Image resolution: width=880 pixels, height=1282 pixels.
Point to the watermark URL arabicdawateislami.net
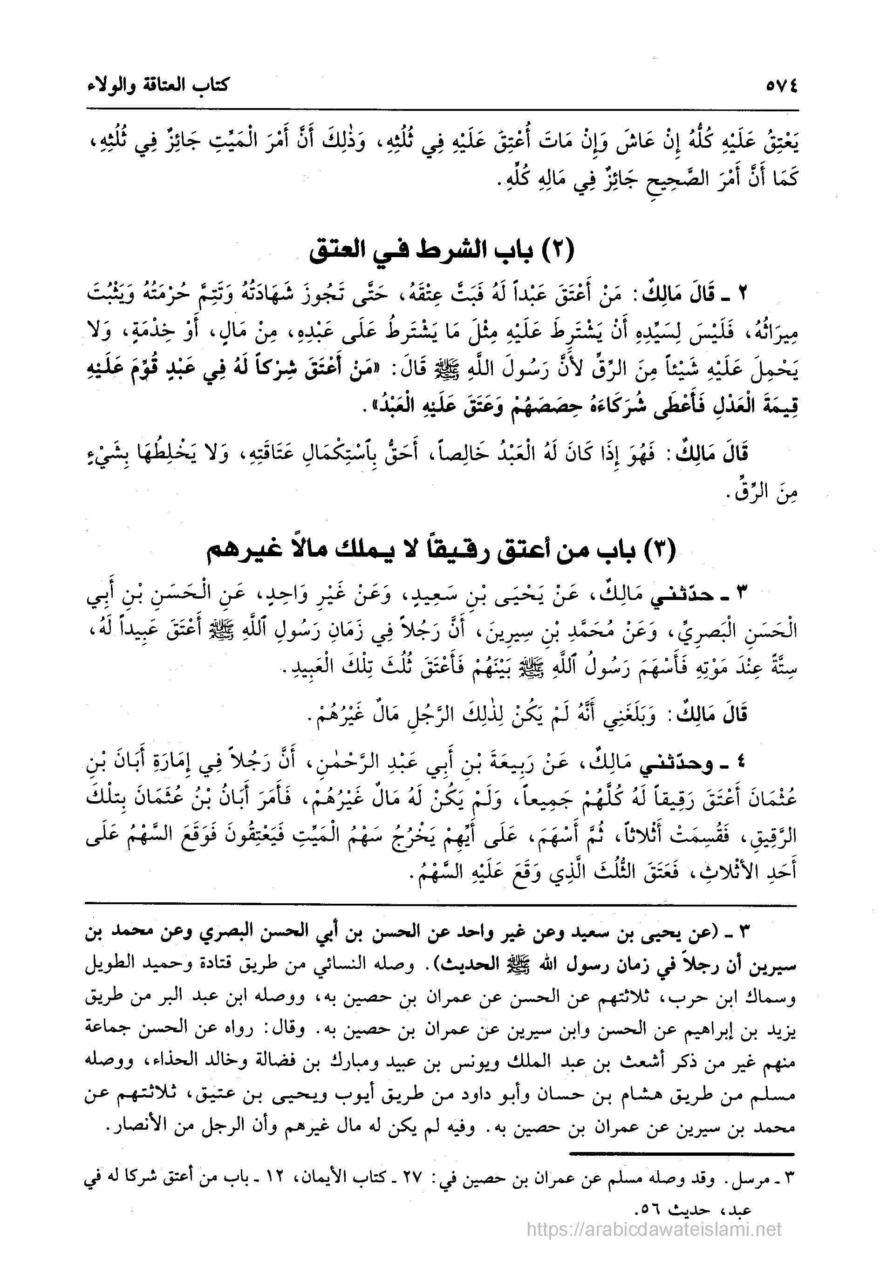point(655,1256)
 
